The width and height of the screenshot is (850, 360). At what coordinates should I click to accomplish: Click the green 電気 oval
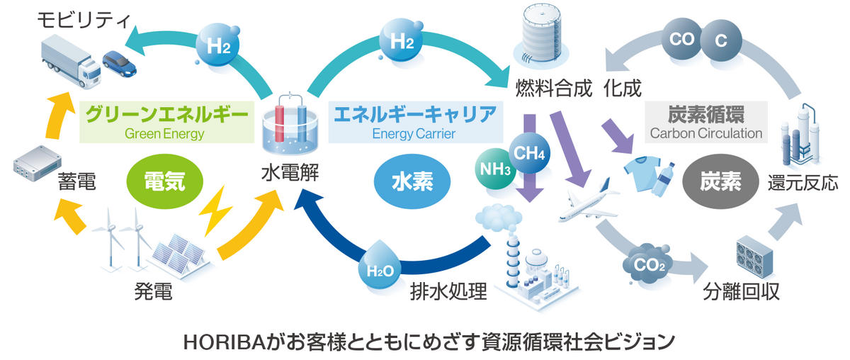[164, 181]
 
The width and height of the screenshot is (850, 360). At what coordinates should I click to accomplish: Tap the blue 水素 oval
[412, 181]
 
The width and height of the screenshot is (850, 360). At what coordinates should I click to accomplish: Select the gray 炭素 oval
[720, 181]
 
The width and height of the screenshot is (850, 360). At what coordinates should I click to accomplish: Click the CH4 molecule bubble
[529, 153]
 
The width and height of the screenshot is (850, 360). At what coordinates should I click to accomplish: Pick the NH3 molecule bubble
[495, 169]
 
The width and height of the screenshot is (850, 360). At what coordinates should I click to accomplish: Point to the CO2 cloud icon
[647, 264]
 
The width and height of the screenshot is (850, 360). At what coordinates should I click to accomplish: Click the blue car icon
[119, 63]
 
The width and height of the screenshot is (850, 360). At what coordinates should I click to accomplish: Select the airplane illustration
[588, 201]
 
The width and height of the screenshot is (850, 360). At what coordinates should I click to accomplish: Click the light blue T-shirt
[643, 174]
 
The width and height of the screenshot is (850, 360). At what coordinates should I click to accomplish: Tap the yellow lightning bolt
[215, 211]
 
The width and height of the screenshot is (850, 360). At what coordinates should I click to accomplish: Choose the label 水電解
[290, 173]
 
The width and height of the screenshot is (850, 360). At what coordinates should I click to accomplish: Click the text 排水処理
[448, 292]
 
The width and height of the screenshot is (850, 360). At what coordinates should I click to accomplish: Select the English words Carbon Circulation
[705, 133]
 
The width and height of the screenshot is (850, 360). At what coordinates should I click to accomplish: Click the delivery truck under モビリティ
[71, 62]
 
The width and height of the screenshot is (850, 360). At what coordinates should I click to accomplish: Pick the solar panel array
[179, 255]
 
